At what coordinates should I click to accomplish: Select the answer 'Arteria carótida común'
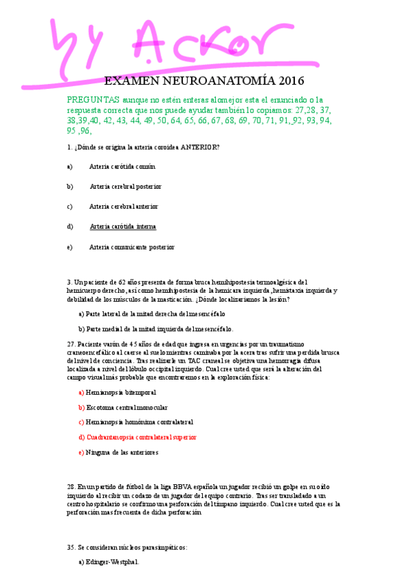pyautogui.click(x=122, y=166)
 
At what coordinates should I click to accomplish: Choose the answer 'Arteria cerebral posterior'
pyautogui.click(x=126, y=186)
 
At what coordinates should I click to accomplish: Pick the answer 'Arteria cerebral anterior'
pyautogui.click(x=124, y=206)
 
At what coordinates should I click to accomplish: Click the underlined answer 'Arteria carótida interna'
pyautogui.click(x=123, y=226)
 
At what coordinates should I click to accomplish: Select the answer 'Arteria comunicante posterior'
pyautogui.click(x=131, y=247)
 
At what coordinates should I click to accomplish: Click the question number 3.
pyautogui.click(x=69, y=281)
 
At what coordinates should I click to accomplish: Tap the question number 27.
pyautogui.click(x=71, y=343)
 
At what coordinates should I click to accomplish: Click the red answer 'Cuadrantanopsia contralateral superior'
pyautogui.click(x=141, y=436)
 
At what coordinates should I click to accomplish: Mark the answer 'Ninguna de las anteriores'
pyautogui.click(x=122, y=452)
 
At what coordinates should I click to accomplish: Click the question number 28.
pyautogui.click(x=71, y=484)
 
